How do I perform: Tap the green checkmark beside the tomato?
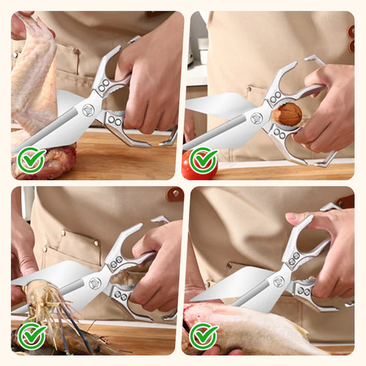(x=203, y=160)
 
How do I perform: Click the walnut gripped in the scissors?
(x=287, y=116)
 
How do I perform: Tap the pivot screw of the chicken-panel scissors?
(x=89, y=111)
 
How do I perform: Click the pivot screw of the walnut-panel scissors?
(x=256, y=118)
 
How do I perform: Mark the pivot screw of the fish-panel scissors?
(x=279, y=281)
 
